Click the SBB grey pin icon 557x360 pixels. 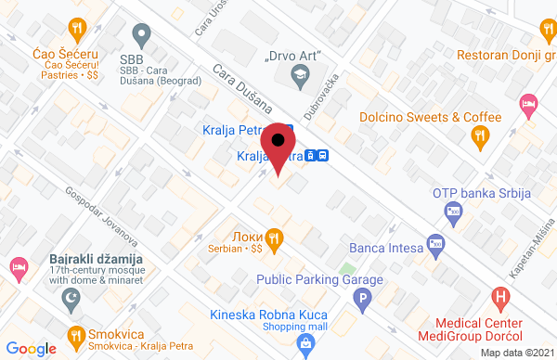(x=141, y=38)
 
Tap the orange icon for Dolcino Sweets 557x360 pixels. (x=479, y=135)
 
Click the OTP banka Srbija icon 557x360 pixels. (x=453, y=212)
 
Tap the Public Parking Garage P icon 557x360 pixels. (x=364, y=299)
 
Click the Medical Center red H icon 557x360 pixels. (x=501, y=299)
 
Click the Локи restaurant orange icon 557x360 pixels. (x=273, y=235)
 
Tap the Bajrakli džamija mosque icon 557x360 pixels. (x=66, y=299)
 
